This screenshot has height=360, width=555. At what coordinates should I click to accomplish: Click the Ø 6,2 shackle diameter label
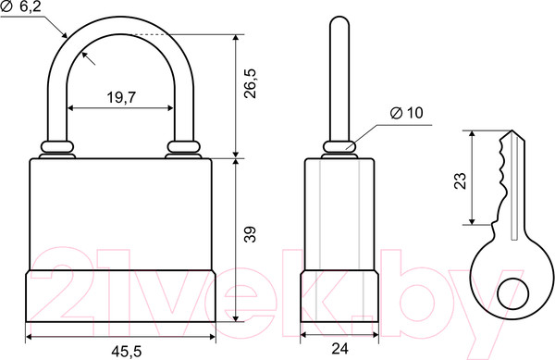(x=21, y=7)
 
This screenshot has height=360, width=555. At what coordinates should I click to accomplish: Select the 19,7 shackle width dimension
(x=121, y=97)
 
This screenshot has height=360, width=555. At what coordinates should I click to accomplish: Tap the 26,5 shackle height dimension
(x=251, y=83)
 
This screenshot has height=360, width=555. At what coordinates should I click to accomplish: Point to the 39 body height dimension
(x=251, y=234)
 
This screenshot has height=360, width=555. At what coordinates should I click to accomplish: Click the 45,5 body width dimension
(x=127, y=352)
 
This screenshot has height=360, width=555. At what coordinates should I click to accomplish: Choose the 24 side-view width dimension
(x=339, y=349)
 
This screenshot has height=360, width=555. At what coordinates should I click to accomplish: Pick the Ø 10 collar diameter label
(x=406, y=113)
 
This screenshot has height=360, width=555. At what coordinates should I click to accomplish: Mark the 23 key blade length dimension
(x=460, y=180)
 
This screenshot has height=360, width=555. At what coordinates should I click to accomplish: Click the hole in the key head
(x=512, y=293)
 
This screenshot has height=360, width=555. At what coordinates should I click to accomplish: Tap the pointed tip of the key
(x=512, y=130)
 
